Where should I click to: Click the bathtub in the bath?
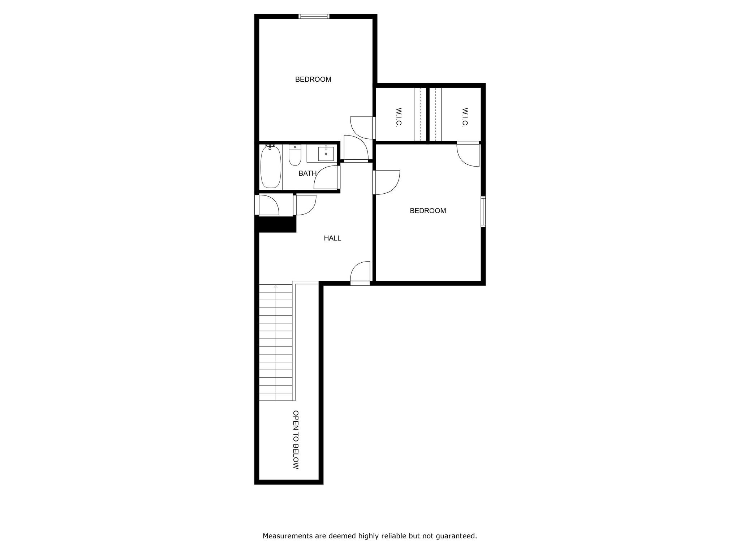coord(271,167)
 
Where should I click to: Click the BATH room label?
coord(307,173)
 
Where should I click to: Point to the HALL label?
coord(332,238)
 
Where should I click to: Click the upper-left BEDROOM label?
coord(313,79)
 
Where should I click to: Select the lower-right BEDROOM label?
coord(428,211)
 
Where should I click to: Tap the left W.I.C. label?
coord(399,117)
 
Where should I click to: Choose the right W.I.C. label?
coord(465,117)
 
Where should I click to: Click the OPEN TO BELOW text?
coord(296,439)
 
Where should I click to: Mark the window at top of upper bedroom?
coord(314,16)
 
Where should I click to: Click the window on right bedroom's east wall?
coord(483,211)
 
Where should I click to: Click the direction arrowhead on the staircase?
coord(276,287)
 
